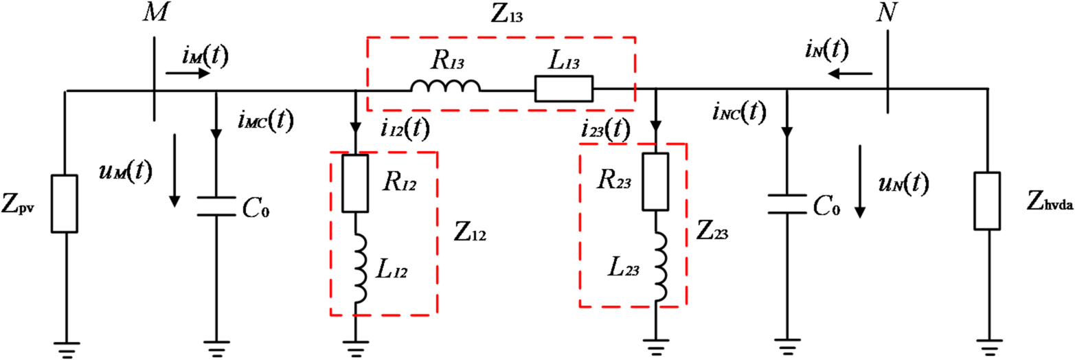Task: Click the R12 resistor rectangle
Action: (355, 183)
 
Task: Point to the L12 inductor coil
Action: (357, 268)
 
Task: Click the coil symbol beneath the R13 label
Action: (445, 87)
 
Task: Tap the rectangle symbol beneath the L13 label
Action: (563, 89)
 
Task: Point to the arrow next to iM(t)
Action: (194, 73)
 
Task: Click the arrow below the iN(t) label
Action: (849, 73)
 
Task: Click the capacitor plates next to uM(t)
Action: (217, 207)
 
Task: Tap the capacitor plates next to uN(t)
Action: (786, 203)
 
